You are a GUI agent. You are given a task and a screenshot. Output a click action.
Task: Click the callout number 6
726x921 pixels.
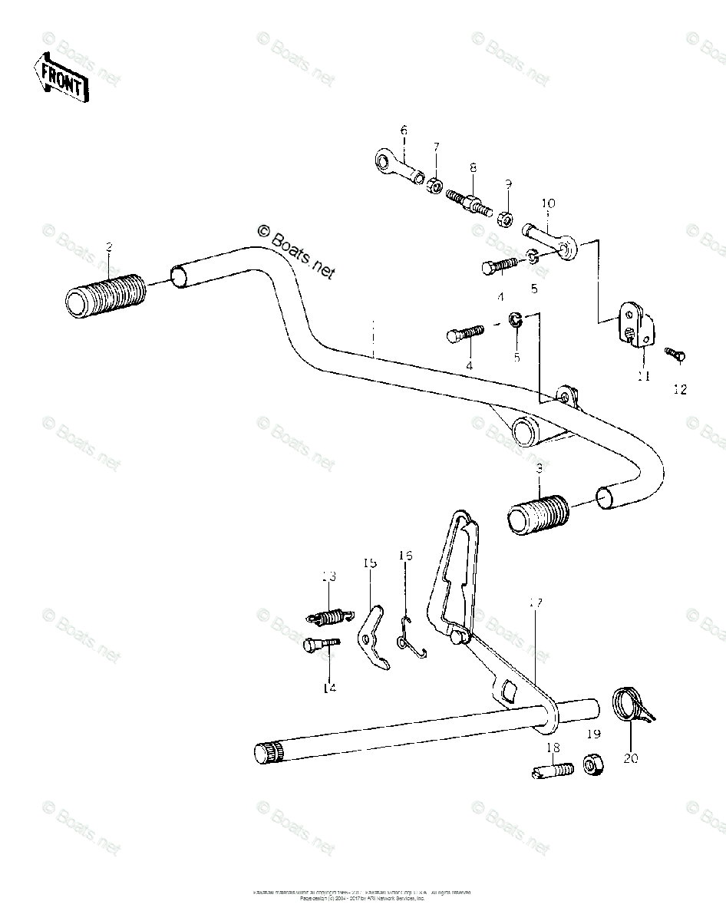point(403,130)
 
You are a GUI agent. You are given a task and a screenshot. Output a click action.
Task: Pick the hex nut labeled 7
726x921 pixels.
point(434,184)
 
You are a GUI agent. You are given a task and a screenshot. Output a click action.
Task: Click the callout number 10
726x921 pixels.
point(548,204)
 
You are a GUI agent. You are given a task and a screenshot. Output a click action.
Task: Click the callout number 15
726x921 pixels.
point(370,563)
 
